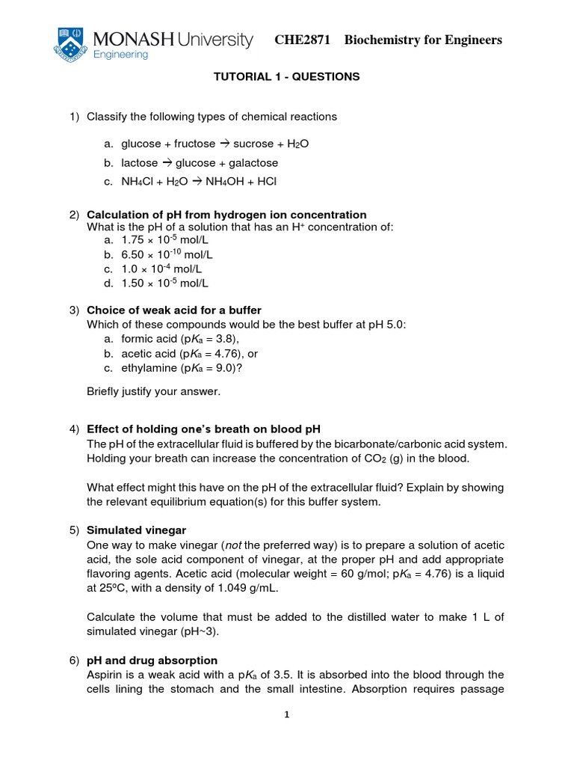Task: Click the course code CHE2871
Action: (303, 40)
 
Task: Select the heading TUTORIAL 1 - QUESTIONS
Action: (287, 76)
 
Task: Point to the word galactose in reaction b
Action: (253, 162)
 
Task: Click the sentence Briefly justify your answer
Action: (154, 391)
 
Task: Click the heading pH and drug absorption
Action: (152, 661)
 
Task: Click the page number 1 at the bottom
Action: (287, 714)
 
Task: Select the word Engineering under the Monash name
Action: (121, 55)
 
